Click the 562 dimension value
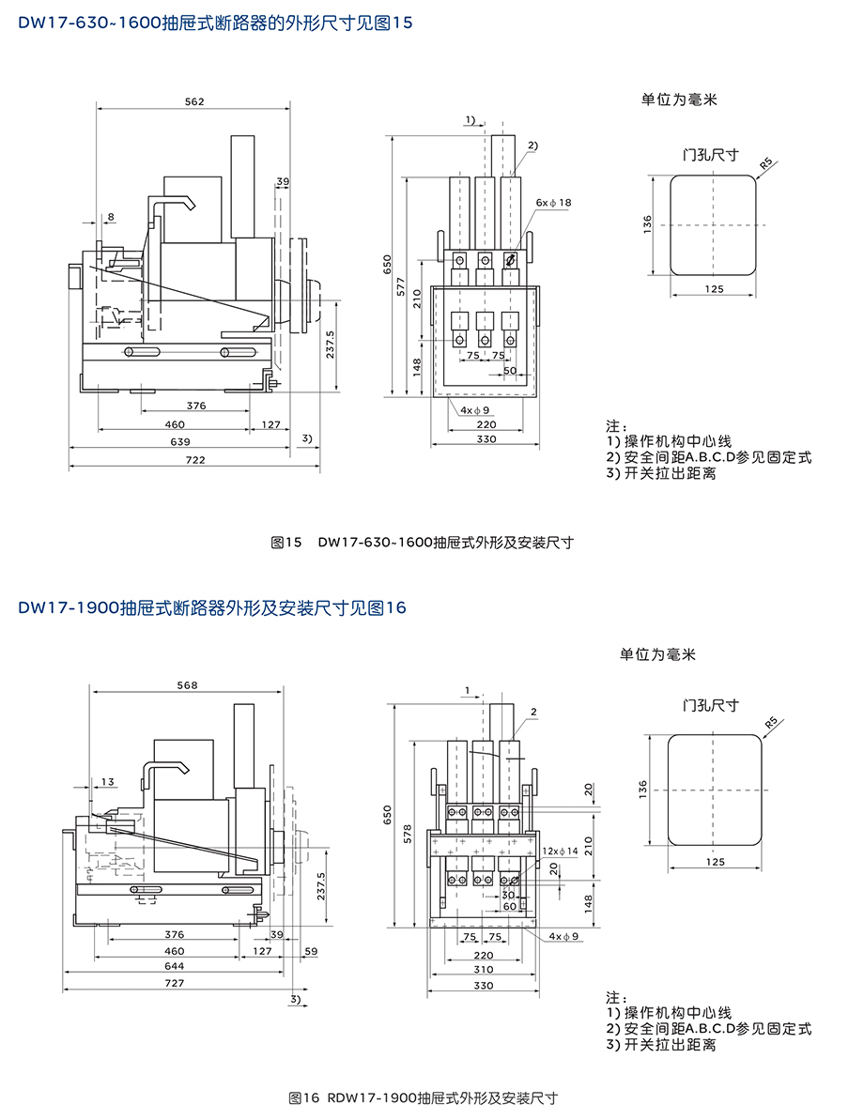(x=194, y=101)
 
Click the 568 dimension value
(x=187, y=685)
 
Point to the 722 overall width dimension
(x=194, y=459)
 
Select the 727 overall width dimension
(x=174, y=983)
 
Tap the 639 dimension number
(x=179, y=441)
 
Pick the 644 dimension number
(x=174, y=966)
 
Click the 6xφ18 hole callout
(x=554, y=203)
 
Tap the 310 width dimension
(x=483, y=970)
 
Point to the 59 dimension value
(x=311, y=951)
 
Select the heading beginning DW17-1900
(x=211, y=607)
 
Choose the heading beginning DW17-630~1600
(x=215, y=23)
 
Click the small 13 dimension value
(x=108, y=781)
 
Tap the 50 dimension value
(x=509, y=372)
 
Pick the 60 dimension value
(x=509, y=906)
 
